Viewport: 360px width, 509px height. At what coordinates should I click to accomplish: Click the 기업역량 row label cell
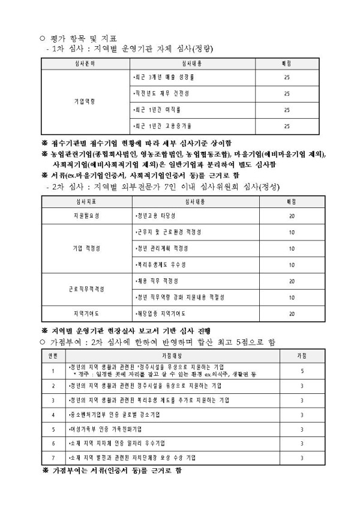tap(84, 101)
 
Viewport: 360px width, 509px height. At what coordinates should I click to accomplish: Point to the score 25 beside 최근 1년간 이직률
tap(286, 110)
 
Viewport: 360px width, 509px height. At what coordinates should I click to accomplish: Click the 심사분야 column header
tap(84, 63)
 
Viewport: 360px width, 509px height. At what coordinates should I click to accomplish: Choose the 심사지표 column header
tap(85, 201)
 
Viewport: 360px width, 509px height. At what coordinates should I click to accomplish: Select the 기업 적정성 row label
tap(85, 248)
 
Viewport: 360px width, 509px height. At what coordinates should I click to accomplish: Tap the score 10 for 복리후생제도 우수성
tap(292, 264)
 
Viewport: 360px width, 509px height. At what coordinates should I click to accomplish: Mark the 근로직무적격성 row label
tap(85, 289)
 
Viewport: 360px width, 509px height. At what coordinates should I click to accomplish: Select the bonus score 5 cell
tap(301, 371)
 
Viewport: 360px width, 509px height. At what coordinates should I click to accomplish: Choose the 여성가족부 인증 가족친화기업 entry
tap(108, 430)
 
